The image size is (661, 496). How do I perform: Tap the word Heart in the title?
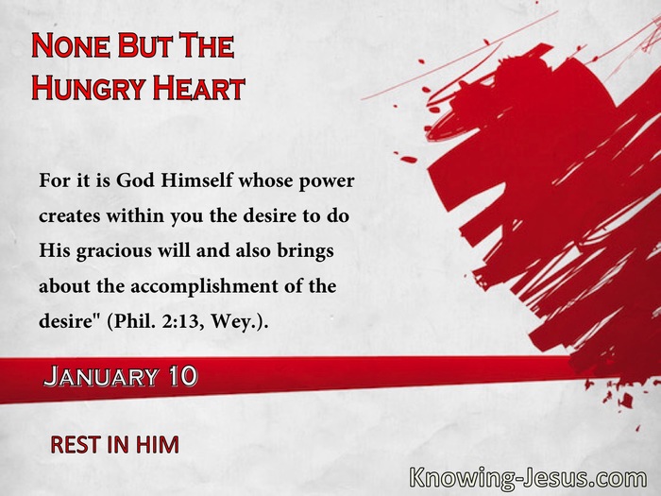pos(198,87)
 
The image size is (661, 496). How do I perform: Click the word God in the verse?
pos(136,181)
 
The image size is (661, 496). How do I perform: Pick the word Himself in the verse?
pos(196,181)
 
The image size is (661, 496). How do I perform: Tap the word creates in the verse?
pos(70,216)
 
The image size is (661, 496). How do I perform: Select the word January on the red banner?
pos(101,376)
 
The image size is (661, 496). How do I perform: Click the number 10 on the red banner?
pos(182,376)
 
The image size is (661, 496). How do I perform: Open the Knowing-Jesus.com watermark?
pos(528,478)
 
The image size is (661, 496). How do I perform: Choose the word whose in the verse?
pos(266,181)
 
